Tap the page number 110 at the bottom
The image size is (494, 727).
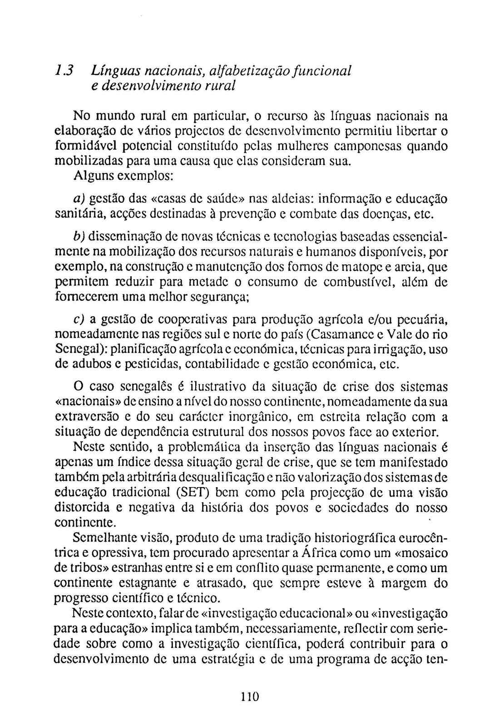click(249, 696)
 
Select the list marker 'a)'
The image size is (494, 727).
click(79, 199)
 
